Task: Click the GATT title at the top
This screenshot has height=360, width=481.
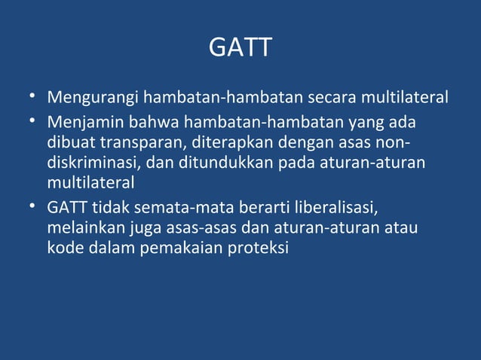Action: (x=240, y=48)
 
